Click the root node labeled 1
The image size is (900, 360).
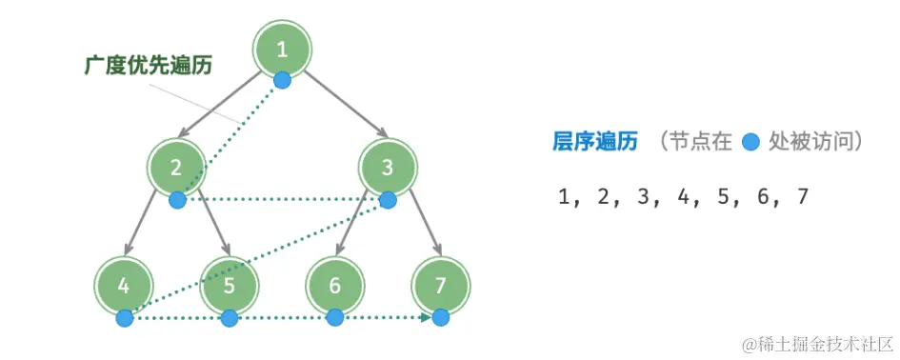pos(281,50)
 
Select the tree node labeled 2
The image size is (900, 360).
pos(176,169)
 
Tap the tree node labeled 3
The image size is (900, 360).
pos(387,169)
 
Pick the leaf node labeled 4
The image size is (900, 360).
pos(124,286)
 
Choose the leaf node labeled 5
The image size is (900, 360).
pos(229,286)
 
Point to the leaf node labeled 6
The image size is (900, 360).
pos(334,286)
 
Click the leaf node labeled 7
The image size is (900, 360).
pos(439,286)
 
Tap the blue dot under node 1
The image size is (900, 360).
pos(281,80)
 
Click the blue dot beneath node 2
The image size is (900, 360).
pos(176,200)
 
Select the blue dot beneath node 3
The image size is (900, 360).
pos(387,200)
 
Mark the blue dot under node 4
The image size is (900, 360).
pos(124,318)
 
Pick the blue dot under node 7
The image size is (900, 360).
pos(439,318)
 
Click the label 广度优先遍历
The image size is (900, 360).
pos(147,67)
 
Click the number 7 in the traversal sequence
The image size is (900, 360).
pos(802,197)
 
